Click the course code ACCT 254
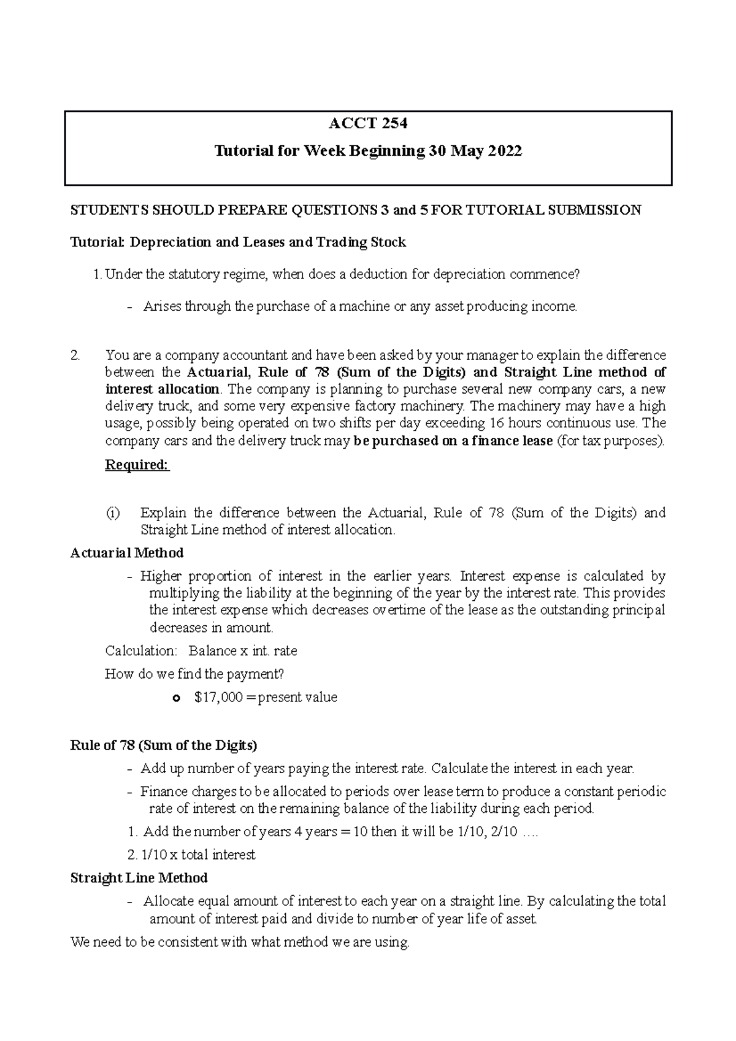tap(368, 124)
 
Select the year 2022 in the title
tap(505, 151)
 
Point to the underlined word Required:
tap(137, 465)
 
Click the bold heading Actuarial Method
tap(127, 553)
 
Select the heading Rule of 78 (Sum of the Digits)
tap(164, 745)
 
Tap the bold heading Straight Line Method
tap(139, 878)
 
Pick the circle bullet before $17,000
tap(177, 698)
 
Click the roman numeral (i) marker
tap(113, 513)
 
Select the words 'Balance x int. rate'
tap(243, 650)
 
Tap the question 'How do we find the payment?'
tap(194, 674)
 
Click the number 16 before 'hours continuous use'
tap(496, 423)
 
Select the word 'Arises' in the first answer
tap(162, 307)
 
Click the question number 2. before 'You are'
tap(75, 355)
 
